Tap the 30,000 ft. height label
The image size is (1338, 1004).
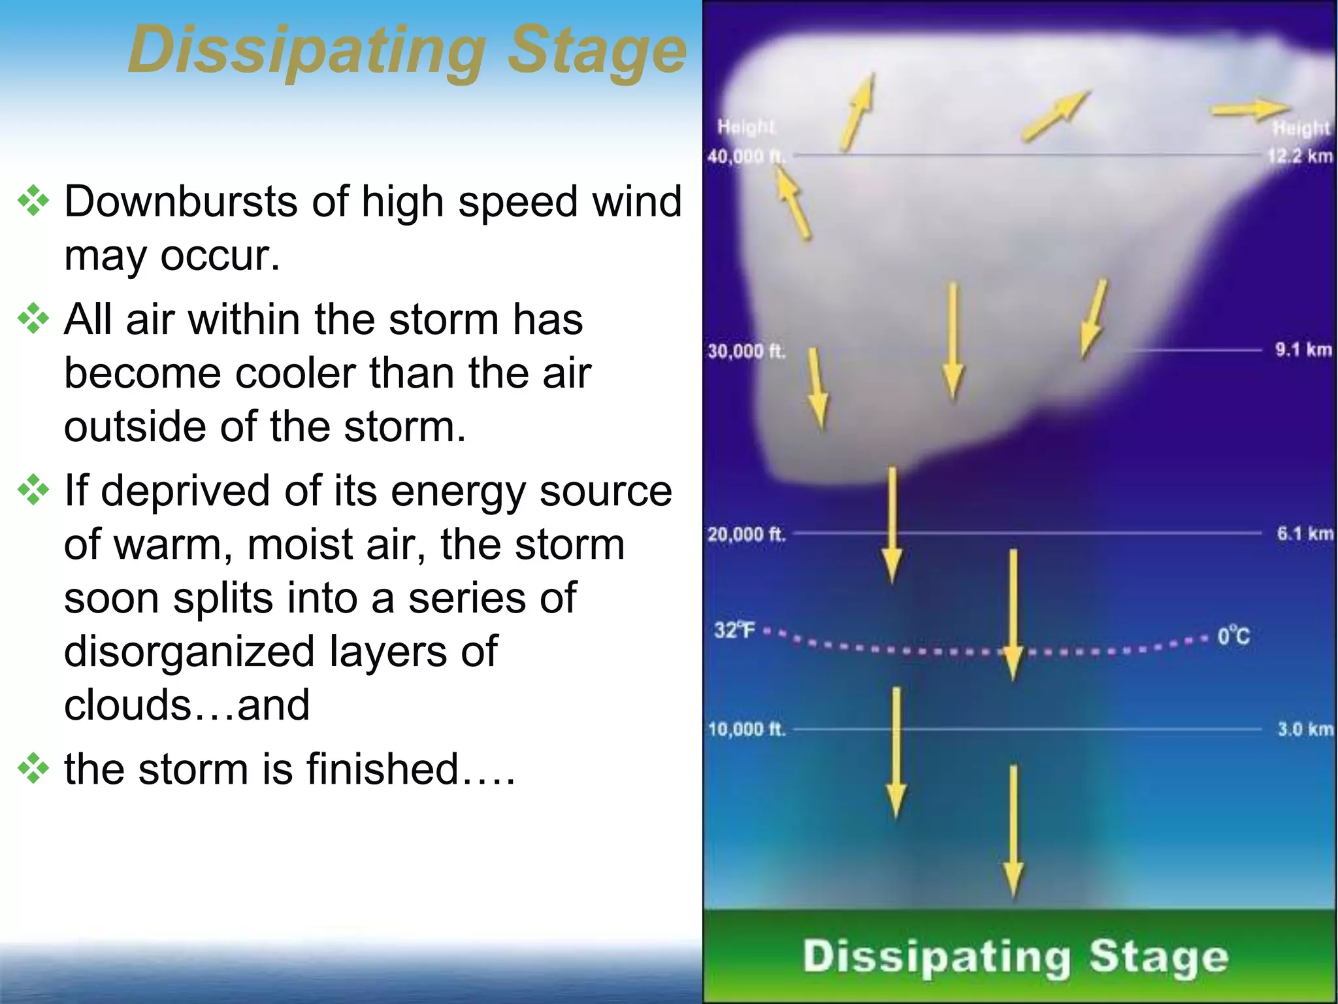click(746, 352)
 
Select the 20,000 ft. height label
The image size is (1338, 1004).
click(746, 535)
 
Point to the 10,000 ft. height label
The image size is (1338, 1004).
click(746, 729)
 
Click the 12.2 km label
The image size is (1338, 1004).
click(1299, 156)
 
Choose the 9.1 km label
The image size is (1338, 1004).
click(1303, 350)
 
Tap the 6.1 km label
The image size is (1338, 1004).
click(1305, 533)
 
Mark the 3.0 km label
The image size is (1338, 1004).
click(1305, 729)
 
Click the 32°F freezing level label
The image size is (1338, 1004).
click(734, 631)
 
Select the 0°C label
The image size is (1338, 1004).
click(1233, 636)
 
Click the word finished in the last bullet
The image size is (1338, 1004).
click(382, 769)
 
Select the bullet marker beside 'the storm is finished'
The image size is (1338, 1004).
click(33, 769)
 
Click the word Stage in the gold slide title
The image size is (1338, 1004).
click(596, 51)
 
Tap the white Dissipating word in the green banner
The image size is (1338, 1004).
click(936, 958)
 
